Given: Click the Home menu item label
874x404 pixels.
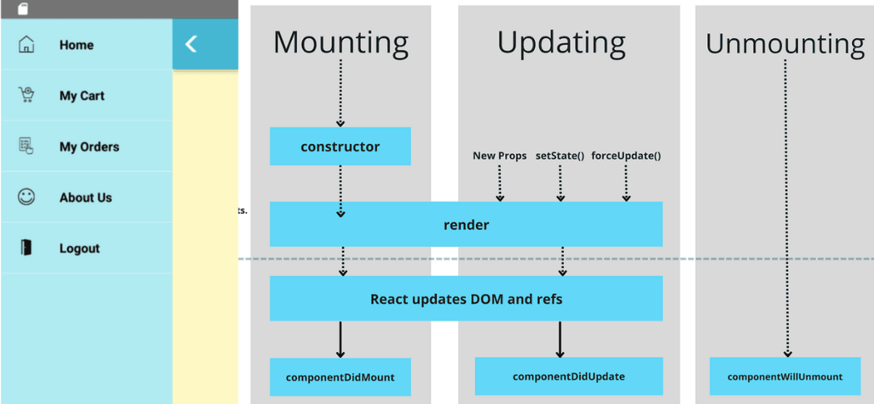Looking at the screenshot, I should pyautogui.click(x=76, y=45).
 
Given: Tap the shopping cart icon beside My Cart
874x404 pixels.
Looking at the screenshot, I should pyautogui.click(x=27, y=96).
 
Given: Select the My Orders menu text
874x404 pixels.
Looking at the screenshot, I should pyautogui.click(x=89, y=147).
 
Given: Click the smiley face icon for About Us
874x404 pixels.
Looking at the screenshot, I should pyautogui.click(x=27, y=197).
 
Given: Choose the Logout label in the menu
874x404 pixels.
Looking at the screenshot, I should pyautogui.click(x=79, y=249).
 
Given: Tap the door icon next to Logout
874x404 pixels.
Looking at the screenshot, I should pyautogui.click(x=27, y=248).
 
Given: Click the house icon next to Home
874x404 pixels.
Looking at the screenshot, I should pyautogui.click(x=27, y=45).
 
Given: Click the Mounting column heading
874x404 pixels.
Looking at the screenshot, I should pyautogui.click(x=341, y=42).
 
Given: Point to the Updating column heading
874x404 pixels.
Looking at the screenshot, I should pyautogui.click(x=561, y=42).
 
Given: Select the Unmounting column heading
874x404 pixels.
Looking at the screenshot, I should pyautogui.click(x=785, y=44).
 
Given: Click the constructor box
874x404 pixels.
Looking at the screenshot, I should pyautogui.click(x=340, y=147).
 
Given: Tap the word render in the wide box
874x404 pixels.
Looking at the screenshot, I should pyautogui.click(x=466, y=224).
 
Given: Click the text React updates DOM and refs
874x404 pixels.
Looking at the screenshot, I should pyautogui.click(x=466, y=299).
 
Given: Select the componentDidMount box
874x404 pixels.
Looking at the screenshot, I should pyautogui.click(x=340, y=377).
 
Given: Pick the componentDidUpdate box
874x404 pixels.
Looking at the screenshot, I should pyautogui.click(x=568, y=376).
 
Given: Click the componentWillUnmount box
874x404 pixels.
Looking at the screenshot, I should pyautogui.click(x=784, y=376).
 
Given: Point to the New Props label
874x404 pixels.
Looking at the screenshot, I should pyautogui.click(x=499, y=155).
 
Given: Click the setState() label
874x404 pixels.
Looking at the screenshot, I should pyautogui.click(x=560, y=155).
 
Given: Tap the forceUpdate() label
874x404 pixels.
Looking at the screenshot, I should pyautogui.click(x=626, y=155).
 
